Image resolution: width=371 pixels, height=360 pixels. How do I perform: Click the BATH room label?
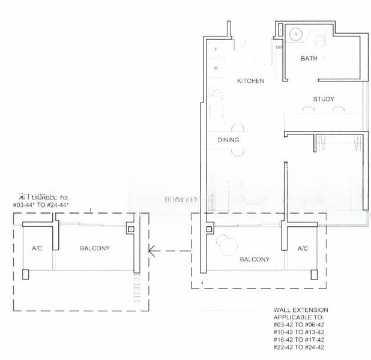coord(309,58)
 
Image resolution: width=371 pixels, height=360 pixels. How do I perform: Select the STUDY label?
coord(323,99)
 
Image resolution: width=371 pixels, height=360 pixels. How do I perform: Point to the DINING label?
coord(228,140)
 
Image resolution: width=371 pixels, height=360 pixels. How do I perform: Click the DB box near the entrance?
coord(279,47)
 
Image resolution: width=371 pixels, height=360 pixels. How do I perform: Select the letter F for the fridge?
coord(216,49)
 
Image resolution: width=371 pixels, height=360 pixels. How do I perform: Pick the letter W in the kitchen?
coord(216,68)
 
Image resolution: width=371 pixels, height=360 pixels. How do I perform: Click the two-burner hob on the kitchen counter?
coord(214,93)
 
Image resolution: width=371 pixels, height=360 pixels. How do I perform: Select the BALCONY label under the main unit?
coord(254,259)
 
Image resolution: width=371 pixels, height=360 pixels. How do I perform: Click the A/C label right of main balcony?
coord(303,248)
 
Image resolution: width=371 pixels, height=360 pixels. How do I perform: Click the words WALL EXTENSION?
coord(301,310)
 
